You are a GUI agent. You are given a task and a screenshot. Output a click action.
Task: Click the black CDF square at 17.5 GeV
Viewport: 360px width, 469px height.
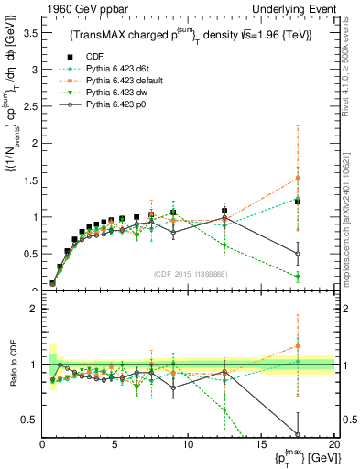point(298,202)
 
